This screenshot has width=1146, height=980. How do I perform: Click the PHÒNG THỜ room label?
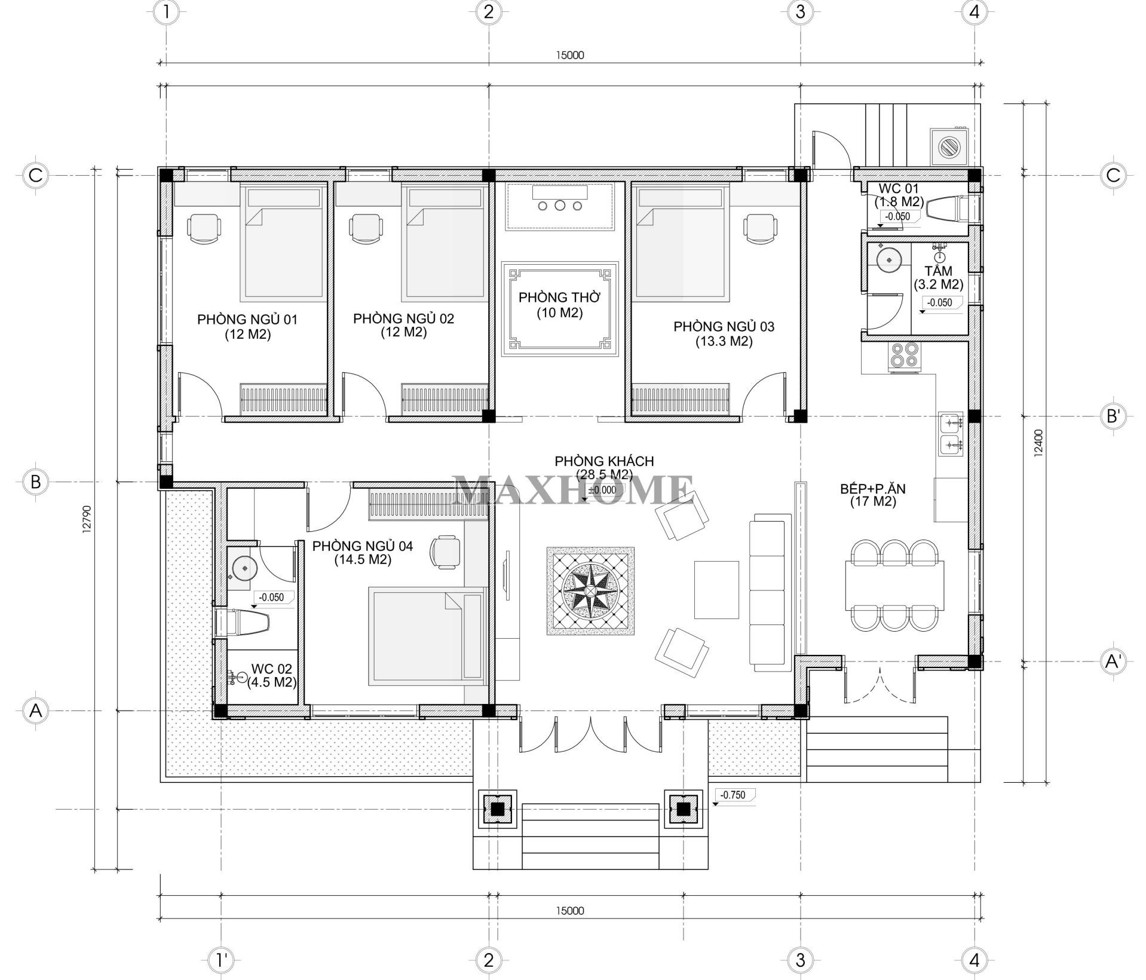pyautogui.click(x=559, y=305)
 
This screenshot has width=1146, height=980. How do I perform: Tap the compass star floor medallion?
pyautogui.click(x=590, y=591)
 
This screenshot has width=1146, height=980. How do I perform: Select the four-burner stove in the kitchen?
pyautogui.click(x=903, y=356)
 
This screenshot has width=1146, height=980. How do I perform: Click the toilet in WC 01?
pyautogui.click(x=946, y=209)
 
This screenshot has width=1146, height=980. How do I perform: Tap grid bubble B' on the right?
pyautogui.click(x=1113, y=416)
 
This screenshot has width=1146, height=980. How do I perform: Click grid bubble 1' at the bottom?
pyautogui.click(x=222, y=960)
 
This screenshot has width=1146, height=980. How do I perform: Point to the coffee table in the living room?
pyautogui.click(x=716, y=589)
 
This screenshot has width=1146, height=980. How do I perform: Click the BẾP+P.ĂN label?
pyautogui.click(x=873, y=495)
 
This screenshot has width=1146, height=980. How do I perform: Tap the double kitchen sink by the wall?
pyautogui.click(x=951, y=434)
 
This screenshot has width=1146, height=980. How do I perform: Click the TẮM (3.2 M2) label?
pyautogui.click(x=938, y=277)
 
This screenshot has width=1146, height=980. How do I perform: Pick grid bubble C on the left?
pyautogui.click(x=35, y=176)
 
